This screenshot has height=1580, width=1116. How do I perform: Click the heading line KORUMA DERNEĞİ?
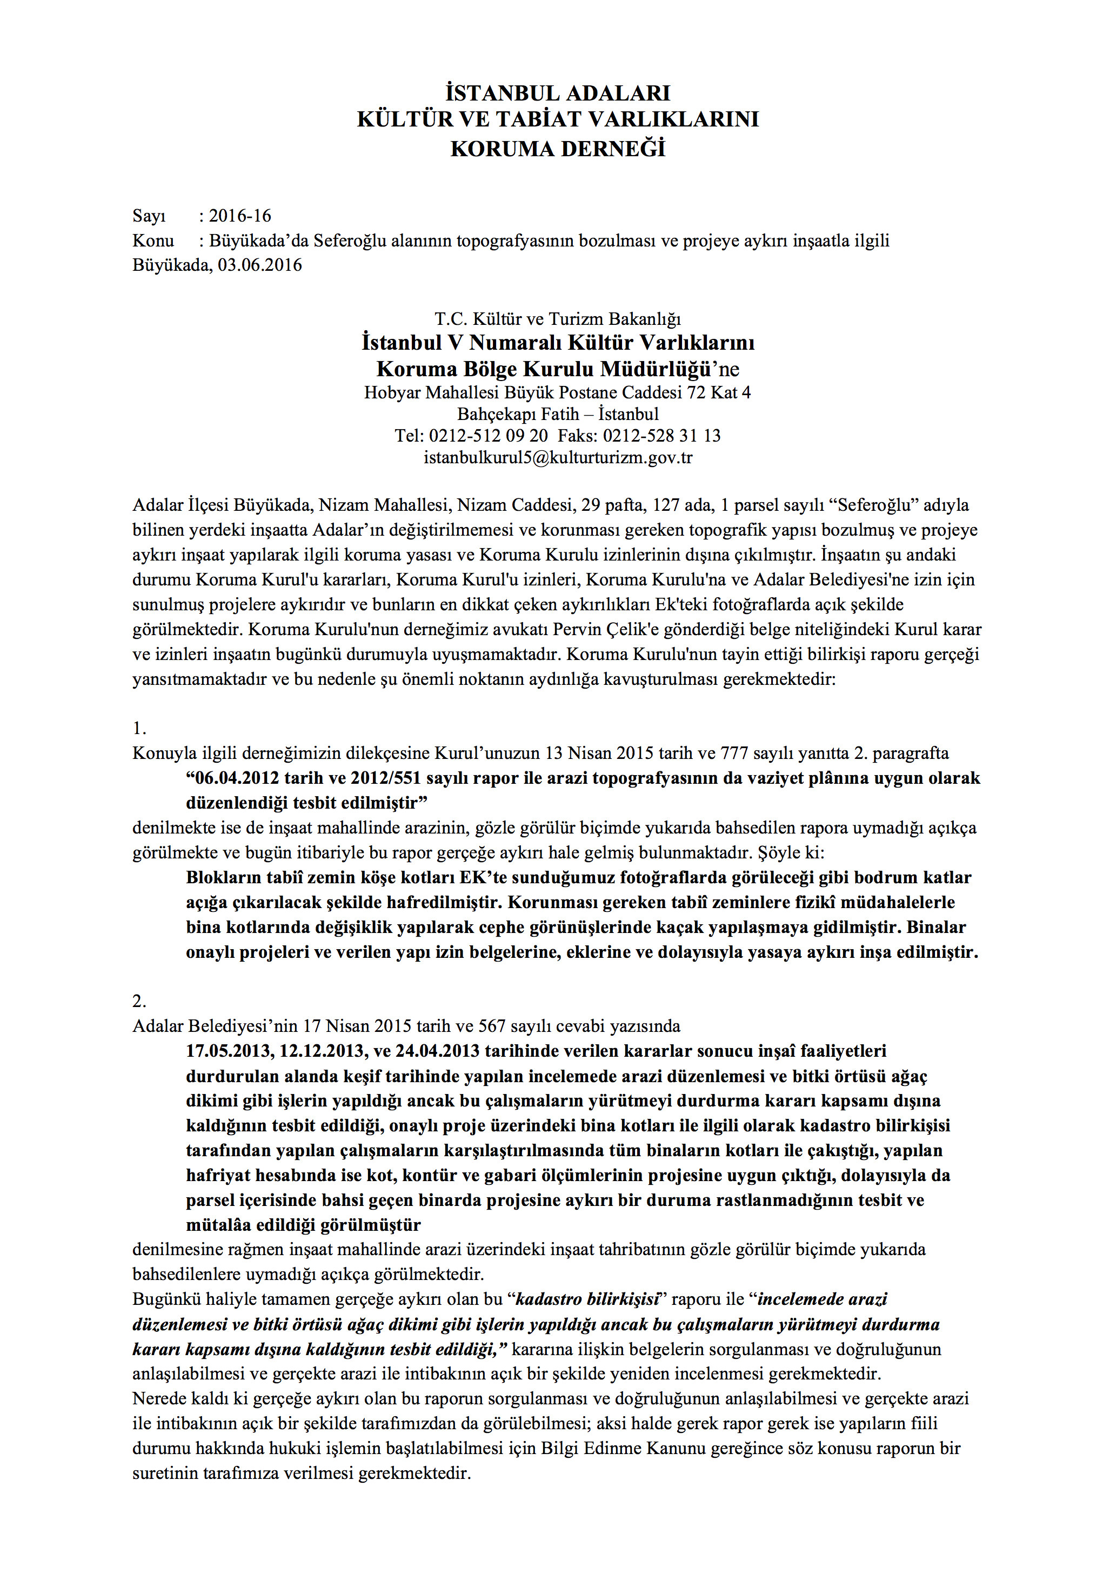(557, 149)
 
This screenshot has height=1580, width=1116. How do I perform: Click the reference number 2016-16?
(239, 216)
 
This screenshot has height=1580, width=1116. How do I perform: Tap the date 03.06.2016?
(259, 265)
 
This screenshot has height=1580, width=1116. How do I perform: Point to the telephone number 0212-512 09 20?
(489, 436)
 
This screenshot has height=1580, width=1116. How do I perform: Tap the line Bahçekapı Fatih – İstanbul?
(557, 414)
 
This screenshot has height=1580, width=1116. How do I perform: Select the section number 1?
(139, 729)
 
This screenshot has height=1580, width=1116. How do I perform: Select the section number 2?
(139, 1001)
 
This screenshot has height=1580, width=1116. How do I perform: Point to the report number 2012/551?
(385, 778)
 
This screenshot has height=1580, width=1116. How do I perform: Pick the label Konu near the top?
(153, 241)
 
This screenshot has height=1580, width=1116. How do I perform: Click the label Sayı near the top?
(149, 216)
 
